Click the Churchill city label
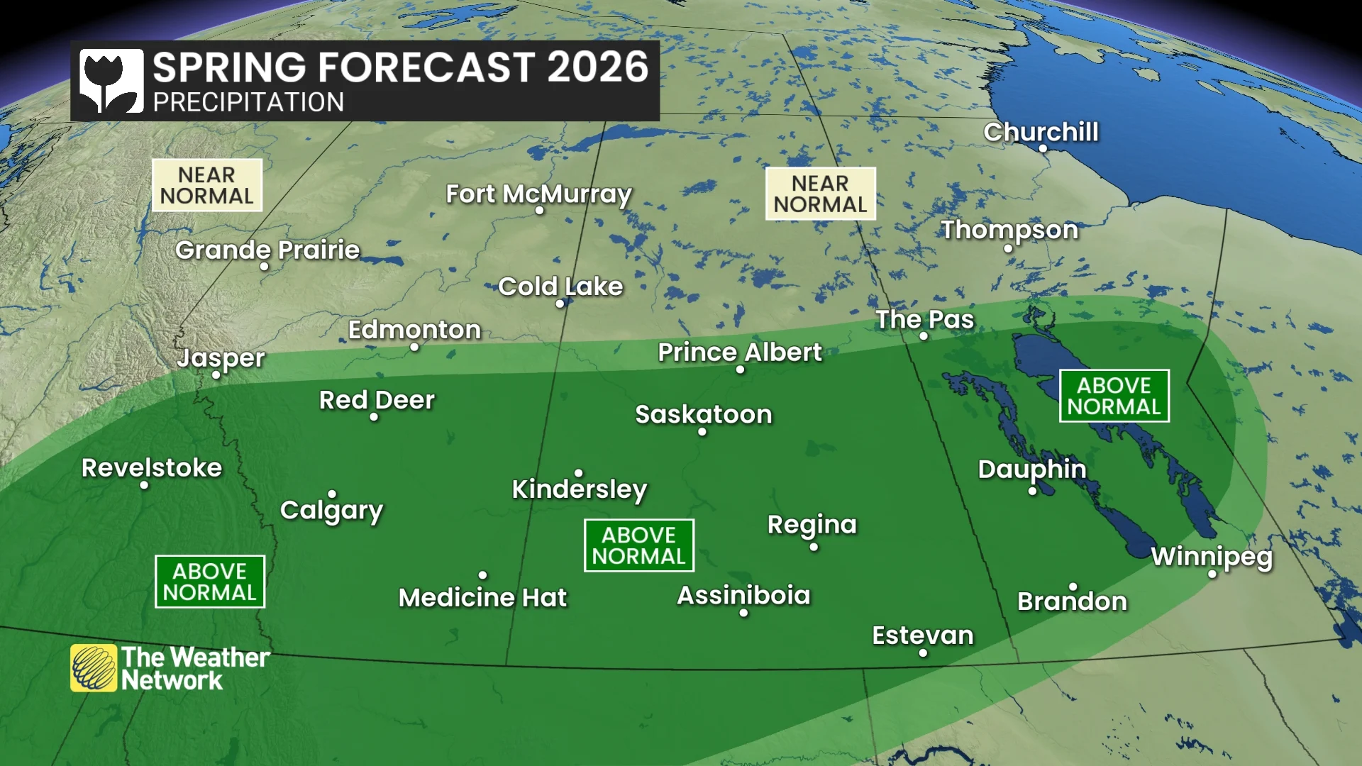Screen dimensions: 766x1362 click(1041, 132)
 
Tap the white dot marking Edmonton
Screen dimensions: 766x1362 click(414, 347)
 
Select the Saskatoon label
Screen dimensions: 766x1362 click(703, 414)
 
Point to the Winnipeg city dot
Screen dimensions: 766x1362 click(1212, 574)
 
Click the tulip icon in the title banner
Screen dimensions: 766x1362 click(111, 80)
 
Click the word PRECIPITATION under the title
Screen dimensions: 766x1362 click(248, 103)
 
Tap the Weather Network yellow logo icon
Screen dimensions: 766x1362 click(94, 667)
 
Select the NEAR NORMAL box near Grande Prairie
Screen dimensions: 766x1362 click(206, 185)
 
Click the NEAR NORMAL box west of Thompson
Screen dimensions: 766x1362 click(820, 194)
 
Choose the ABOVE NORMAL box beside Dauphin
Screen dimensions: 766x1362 click(1114, 396)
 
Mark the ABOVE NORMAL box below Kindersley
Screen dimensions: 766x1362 click(638, 545)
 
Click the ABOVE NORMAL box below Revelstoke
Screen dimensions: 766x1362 click(209, 582)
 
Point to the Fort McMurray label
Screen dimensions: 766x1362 click(538, 194)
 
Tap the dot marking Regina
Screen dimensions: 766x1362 click(814, 547)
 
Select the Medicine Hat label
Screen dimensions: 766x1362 click(482, 598)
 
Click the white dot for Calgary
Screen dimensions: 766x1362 click(332, 494)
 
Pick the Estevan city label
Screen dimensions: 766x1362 click(922, 635)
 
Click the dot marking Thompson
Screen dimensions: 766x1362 click(1008, 248)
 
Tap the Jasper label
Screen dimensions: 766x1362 click(221, 358)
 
